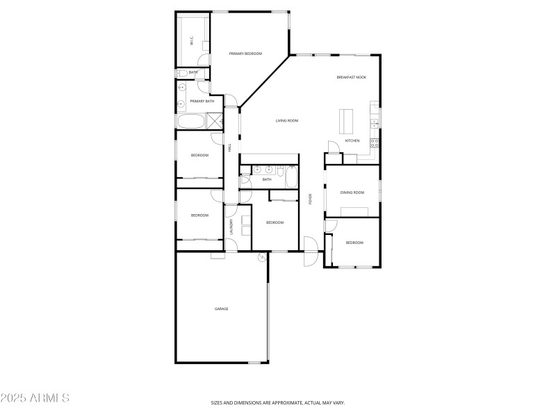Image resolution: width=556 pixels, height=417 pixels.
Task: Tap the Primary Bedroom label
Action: [245, 54]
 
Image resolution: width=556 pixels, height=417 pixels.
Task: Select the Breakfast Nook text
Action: [351, 77]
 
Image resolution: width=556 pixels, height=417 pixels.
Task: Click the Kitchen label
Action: [352, 141]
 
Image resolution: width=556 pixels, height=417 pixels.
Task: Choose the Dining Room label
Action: [352, 193]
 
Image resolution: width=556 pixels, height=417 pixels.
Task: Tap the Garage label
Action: [221, 309]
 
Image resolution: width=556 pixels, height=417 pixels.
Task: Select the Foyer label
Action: [310, 199]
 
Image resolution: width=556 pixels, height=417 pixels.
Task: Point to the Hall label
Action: [230, 147]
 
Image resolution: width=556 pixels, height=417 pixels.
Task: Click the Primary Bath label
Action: [202, 101]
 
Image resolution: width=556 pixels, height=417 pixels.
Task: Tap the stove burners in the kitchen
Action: [375, 143]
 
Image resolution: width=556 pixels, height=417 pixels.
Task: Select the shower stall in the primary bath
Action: [215, 120]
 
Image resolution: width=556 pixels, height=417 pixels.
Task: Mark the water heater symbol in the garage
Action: [262, 257]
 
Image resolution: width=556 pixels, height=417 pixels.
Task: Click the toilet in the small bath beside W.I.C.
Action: [181, 72]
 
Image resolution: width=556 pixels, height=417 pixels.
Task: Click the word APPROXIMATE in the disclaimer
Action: [282, 402]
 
